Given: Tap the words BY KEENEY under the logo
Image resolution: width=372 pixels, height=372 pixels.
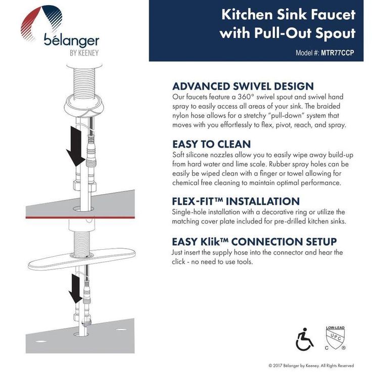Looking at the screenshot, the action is [84, 53].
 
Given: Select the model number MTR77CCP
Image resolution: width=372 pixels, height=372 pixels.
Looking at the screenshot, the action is [337, 53].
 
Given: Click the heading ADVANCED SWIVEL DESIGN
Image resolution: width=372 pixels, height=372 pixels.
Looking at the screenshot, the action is [243, 86].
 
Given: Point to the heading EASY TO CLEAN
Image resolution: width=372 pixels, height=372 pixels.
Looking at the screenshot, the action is [212, 144].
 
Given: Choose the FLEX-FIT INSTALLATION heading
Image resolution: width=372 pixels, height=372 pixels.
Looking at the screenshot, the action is [236, 202].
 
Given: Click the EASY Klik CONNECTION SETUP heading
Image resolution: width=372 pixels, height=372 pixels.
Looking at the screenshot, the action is [254, 242].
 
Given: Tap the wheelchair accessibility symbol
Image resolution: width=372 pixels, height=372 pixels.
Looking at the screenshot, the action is [305, 339].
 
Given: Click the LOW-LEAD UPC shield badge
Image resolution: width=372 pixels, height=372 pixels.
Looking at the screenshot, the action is [336, 338].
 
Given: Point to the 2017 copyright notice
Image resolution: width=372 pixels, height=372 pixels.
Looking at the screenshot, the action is [311, 365].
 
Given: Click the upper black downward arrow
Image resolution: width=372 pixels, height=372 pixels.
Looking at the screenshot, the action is [76, 147].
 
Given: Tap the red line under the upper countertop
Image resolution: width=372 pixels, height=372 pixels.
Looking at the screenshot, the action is [80, 217].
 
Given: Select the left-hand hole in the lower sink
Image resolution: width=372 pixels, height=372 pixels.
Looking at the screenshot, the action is [41, 342].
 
